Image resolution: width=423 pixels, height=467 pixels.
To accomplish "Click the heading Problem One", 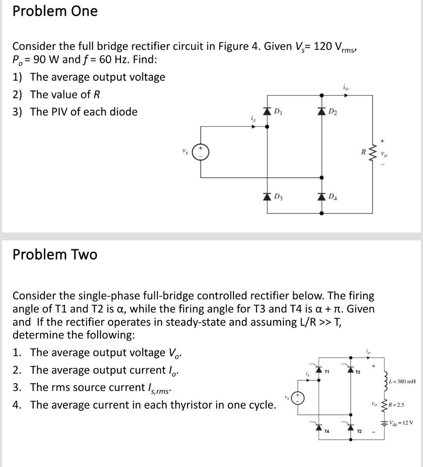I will coord(55,11).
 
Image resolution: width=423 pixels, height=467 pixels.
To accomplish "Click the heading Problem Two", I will coord(55,254).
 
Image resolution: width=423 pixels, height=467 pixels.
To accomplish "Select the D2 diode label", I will coord(332,112).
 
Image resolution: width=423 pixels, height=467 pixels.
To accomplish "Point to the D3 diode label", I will coord(278,196).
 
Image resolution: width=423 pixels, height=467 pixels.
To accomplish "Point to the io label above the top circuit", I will coord(345,87).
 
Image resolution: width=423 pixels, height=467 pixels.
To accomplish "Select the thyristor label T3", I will coord(358,372).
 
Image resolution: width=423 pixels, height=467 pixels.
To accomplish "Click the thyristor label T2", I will coord(359,431).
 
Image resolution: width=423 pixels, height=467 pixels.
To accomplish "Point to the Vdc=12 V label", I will coord(401,423).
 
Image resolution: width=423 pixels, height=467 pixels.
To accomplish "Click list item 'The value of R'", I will coord(65,94).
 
